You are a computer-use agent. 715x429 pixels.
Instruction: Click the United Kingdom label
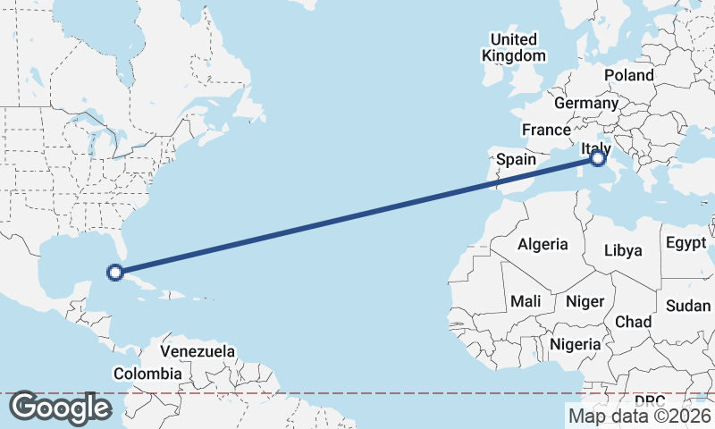click(514, 47)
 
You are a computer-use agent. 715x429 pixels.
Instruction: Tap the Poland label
click(629, 75)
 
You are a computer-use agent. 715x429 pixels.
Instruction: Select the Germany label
click(586, 104)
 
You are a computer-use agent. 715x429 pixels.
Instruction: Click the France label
click(546, 130)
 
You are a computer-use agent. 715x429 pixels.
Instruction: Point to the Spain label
click(516, 159)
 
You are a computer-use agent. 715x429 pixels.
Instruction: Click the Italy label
click(595, 148)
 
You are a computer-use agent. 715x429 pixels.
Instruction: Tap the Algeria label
click(543, 244)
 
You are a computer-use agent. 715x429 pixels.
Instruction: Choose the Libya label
click(623, 250)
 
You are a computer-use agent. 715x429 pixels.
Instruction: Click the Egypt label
click(686, 242)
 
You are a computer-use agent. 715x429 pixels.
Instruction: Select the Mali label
click(526, 301)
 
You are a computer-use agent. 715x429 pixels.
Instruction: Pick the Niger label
click(585, 301)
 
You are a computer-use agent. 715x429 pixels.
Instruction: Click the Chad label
click(633, 321)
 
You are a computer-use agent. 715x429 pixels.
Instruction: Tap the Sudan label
click(688, 305)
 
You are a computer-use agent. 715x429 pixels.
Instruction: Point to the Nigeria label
click(575, 344)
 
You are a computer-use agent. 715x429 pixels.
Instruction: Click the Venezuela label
click(198, 351)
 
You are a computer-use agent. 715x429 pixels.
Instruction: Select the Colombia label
click(148, 374)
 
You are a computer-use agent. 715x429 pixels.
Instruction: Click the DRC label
click(650, 400)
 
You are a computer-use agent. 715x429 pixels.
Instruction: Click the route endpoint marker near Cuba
click(114, 273)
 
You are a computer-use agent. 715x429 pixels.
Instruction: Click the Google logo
click(60, 408)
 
